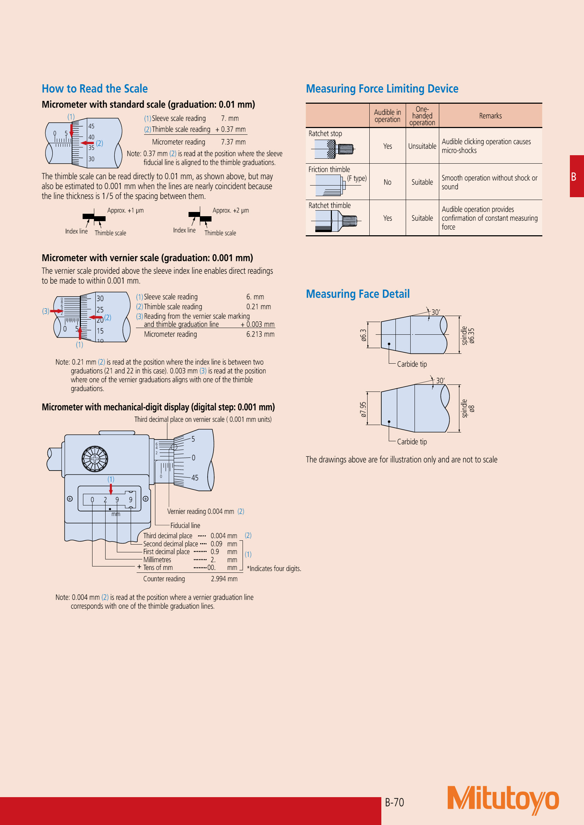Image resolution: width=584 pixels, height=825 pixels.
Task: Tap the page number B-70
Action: pos(394,802)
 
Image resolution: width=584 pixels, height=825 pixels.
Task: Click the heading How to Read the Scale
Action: pos(95,89)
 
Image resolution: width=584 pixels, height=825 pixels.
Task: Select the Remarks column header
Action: pos(490,116)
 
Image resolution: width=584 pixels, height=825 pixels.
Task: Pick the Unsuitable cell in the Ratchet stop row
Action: pos(422,146)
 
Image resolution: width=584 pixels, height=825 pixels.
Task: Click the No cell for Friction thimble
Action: pos(387,182)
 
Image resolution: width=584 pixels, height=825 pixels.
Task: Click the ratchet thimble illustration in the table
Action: pos(336,220)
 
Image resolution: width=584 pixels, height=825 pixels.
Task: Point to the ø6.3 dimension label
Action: pos(364,335)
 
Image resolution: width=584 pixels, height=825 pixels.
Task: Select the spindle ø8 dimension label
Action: pos(468,408)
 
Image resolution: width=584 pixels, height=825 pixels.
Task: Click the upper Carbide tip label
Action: pos(412,364)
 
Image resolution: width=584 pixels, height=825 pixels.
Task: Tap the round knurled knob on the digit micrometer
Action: pos(95,459)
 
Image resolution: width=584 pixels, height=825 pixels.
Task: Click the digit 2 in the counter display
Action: pos(105,500)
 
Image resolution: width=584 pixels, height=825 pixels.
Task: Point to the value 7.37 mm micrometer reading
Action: pos(233,142)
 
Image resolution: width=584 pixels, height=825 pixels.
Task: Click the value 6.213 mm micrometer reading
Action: pos(260,334)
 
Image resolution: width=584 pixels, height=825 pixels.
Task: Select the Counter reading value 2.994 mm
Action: pos(224,578)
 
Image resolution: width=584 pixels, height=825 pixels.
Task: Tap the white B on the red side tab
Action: pos(573,176)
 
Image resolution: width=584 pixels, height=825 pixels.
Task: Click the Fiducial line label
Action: pos(185,525)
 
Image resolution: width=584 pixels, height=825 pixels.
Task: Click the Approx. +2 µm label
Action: pos(231,210)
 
